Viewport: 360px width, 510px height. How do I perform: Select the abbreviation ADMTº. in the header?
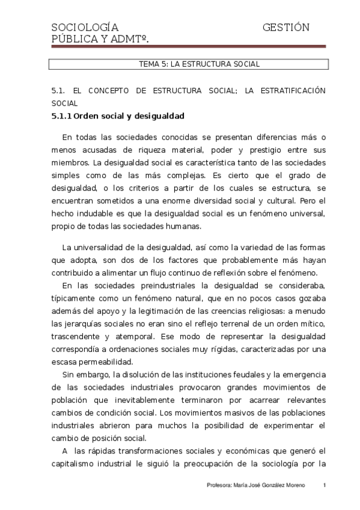(129, 39)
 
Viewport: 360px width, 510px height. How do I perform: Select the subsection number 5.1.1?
(62, 116)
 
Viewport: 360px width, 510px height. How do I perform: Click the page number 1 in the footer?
(325, 485)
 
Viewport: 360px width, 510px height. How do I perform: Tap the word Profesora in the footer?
(220, 485)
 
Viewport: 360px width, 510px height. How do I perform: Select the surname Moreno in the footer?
(292, 485)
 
